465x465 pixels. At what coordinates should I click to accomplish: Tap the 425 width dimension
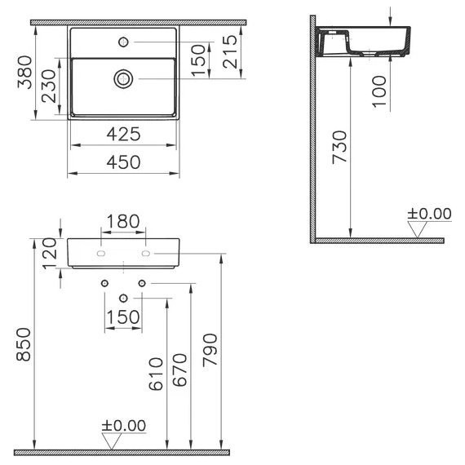pyautogui.click(x=123, y=134)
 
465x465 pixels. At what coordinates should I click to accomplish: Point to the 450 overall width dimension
pyautogui.click(x=123, y=162)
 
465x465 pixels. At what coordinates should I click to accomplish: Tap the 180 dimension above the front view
pyautogui.click(x=123, y=221)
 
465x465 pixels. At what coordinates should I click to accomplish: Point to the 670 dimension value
pyautogui.click(x=181, y=372)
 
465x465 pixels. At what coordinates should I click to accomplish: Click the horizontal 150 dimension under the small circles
pyautogui.click(x=123, y=317)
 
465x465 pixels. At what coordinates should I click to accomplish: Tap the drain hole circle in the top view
pyautogui.click(x=123, y=78)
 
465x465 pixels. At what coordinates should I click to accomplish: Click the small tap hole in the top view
pyautogui.click(x=123, y=41)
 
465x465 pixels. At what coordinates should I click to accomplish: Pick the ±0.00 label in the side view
pyautogui.click(x=429, y=214)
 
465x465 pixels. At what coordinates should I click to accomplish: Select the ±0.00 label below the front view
pyautogui.click(x=123, y=425)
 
